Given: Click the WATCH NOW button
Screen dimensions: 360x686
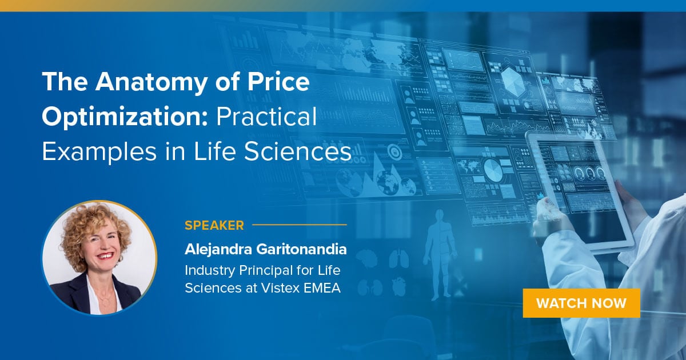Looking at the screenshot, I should click(581, 303).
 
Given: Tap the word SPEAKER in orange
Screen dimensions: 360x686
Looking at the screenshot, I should click(214, 225).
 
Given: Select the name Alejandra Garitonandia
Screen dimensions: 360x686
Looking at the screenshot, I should click(266, 250).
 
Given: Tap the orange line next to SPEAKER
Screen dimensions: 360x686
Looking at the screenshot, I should click(300, 225).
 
